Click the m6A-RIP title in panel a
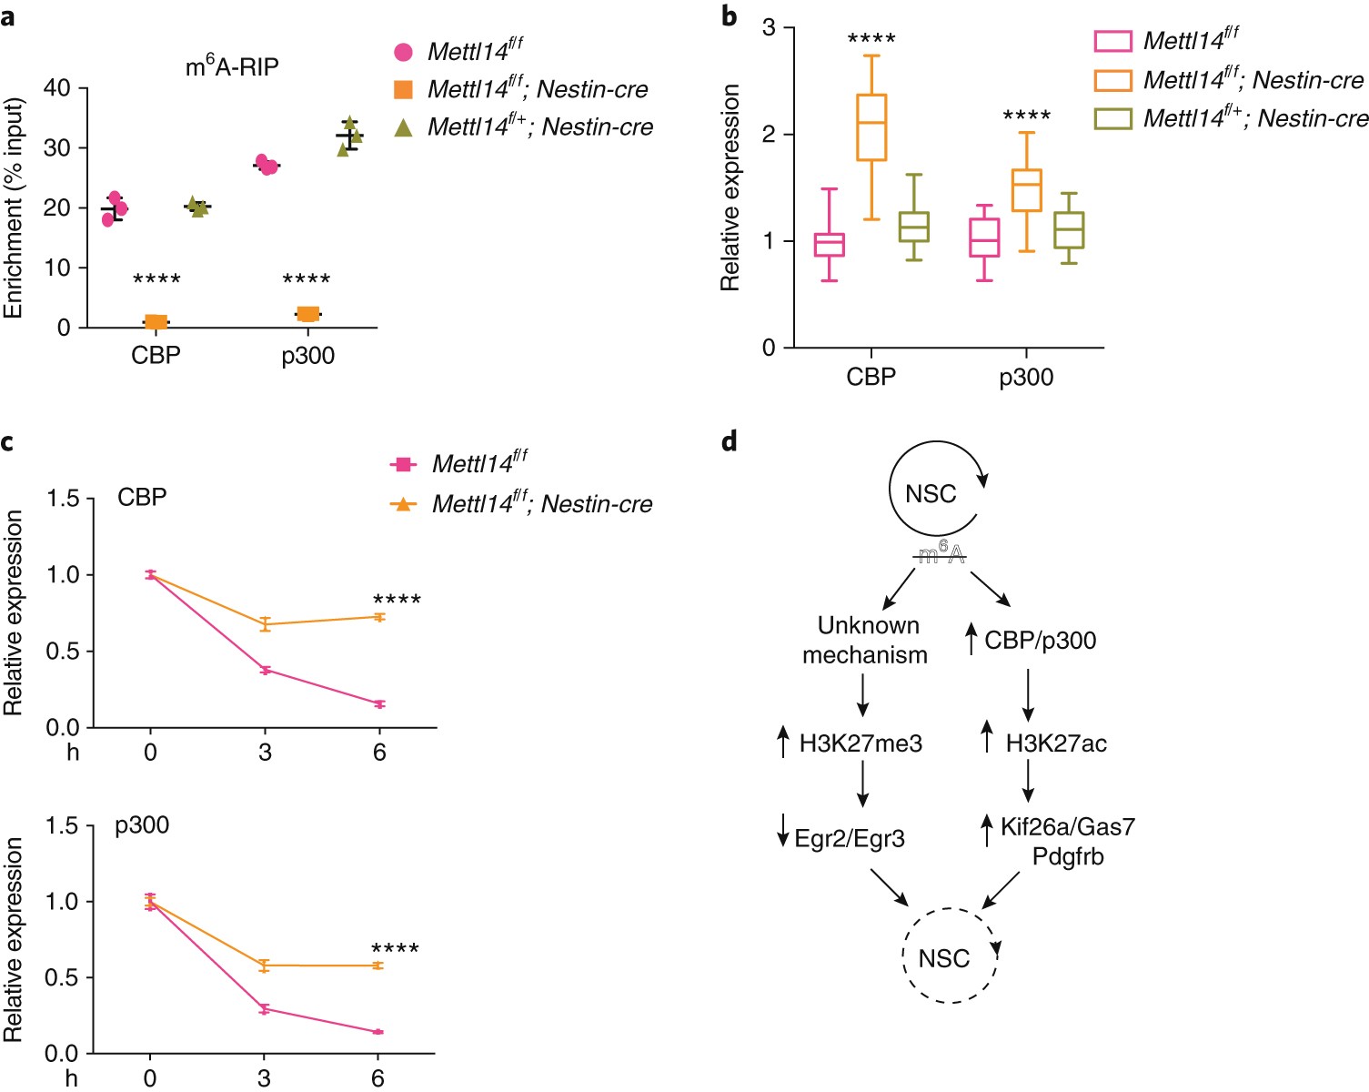click(232, 66)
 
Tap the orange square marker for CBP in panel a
click(156, 321)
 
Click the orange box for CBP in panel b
click(871, 127)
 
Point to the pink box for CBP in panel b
click(829, 245)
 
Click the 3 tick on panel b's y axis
click(770, 27)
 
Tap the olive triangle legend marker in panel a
click(403, 127)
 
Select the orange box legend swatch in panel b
click(1112, 80)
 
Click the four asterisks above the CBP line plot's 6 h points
click(397, 601)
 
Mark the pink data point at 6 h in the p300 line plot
click(377, 1032)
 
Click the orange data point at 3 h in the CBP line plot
click(265, 624)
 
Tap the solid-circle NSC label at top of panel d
click(931, 493)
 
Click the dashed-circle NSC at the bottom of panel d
click(943, 958)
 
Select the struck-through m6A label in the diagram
click(941, 553)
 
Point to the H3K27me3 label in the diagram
click(861, 743)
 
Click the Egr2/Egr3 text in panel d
click(850, 838)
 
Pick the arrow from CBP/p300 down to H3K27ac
click(1028, 695)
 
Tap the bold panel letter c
click(8, 442)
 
